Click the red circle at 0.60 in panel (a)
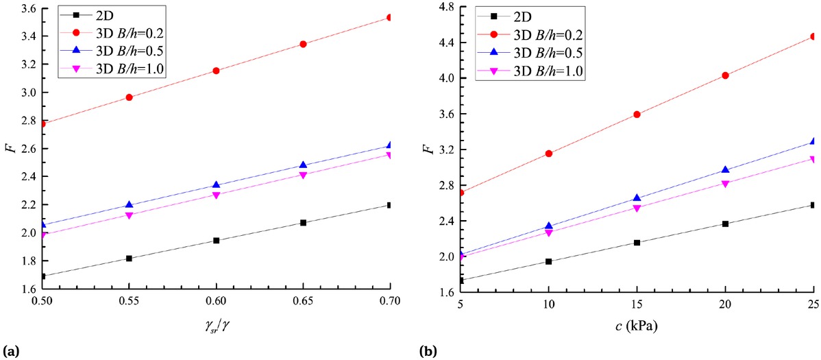pos(217,71)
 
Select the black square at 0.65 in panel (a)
pos(303,223)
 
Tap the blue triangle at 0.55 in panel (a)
pos(130,205)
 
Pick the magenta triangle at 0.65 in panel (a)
pos(303,175)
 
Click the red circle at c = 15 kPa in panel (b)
pos(637,115)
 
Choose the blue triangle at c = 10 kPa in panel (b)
pos(548,226)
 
